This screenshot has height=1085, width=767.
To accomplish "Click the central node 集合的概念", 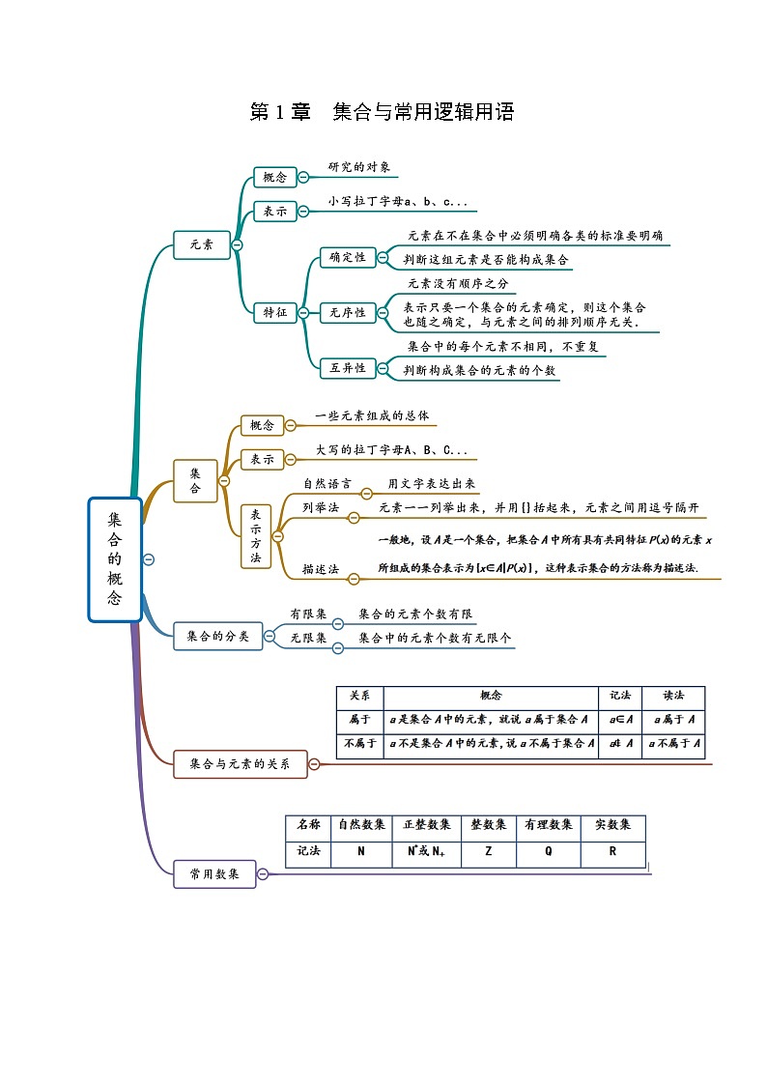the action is (x=115, y=559).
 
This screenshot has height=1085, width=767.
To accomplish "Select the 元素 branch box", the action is (x=201, y=245).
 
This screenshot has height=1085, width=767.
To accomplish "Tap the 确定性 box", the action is (x=347, y=257).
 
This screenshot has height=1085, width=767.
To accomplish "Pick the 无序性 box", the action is (x=347, y=313).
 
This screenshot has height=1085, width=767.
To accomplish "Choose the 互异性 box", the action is (x=347, y=368).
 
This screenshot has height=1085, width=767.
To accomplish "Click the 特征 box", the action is (x=274, y=313).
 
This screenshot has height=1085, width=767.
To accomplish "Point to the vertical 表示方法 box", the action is (x=255, y=536).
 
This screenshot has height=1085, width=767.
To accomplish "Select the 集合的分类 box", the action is (x=218, y=636).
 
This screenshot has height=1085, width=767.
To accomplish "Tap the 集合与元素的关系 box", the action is (x=240, y=764).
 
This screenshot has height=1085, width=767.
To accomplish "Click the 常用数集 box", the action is (x=214, y=874).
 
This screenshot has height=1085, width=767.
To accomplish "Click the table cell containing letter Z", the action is (x=488, y=852).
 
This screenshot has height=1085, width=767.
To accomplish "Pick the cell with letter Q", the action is (x=549, y=852).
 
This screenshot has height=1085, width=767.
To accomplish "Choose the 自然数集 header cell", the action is (x=361, y=825).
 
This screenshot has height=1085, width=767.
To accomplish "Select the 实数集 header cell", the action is (x=612, y=825).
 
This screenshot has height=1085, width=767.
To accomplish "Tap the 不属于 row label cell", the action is (x=359, y=743).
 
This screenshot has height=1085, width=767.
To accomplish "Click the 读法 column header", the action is (x=673, y=696).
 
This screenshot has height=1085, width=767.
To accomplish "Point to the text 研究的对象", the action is (x=359, y=167).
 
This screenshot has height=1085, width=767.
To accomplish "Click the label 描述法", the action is (x=320, y=569).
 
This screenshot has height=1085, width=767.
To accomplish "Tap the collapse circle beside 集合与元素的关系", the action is (x=314, y=764).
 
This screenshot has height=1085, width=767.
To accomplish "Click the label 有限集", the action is (x=308, y=614).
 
